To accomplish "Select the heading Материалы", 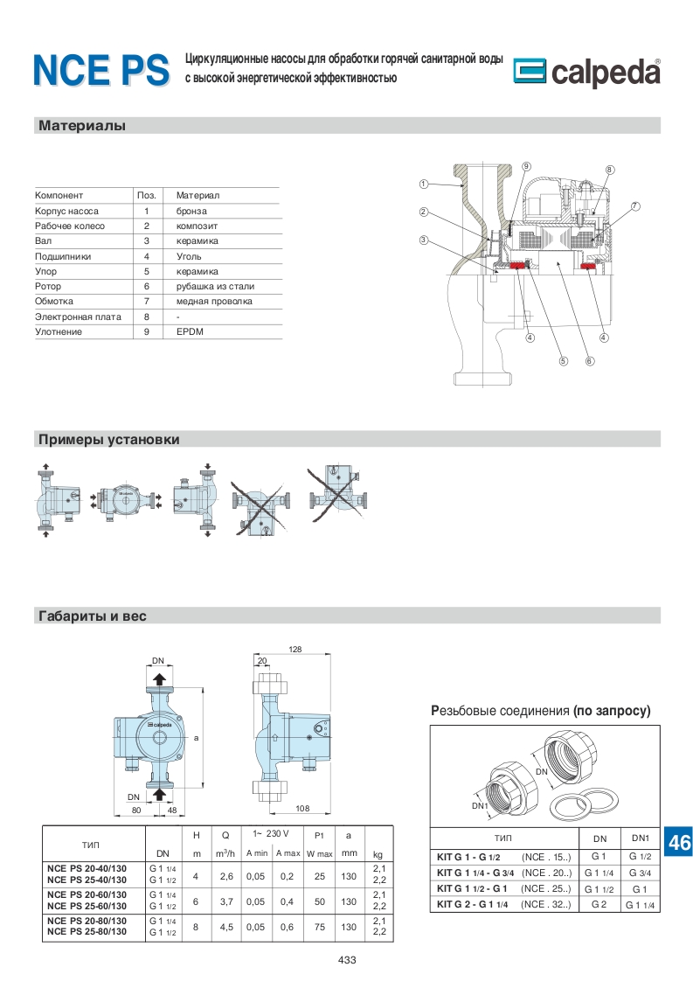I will click(82, 126).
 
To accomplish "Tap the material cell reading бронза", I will click(191, 211).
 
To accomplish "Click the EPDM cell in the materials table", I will click(190, 332).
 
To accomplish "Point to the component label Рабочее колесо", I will click(70, 226).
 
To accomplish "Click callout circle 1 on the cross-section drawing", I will click(423, 184).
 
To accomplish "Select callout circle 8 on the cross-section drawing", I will click(609, 170).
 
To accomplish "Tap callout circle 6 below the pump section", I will click(590, 360).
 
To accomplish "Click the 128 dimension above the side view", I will click(295, 649).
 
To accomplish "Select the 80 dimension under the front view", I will click(136, 810).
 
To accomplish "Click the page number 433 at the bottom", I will click(347, 960).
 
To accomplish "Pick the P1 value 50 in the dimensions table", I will click(319, 901).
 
